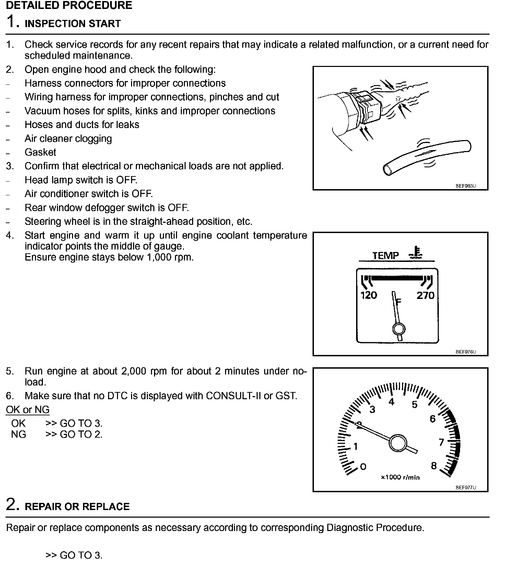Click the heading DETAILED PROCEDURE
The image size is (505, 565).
click(x=69, y=5)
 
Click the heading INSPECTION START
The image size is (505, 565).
click(x=73, y=24)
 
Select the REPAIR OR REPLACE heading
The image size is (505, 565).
click(x=77, y=507)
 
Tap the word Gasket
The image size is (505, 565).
click(x=40, y=152)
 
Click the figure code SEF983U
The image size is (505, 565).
click(x=466, y=186)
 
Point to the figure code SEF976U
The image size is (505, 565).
click(x=466, y=352)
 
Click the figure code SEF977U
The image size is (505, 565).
click(x=466, y=487)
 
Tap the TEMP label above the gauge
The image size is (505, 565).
click(x=386, y=255)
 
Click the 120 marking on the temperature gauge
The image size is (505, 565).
click(x=369, y=295)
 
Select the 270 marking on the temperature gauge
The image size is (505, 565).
click(x=425, y=295)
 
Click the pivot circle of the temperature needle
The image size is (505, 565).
click(x=399, y=329)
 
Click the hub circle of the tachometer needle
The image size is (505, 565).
click(x=398, y=443)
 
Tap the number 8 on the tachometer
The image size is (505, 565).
click(x=434, y=466)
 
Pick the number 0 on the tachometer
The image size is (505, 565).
click(x=363, y=466)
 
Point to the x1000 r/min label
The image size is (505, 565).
click(x=400, y=477)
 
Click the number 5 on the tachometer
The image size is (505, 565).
click(x=414, y=405)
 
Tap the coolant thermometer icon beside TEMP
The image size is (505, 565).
click(x=416, y=253)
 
